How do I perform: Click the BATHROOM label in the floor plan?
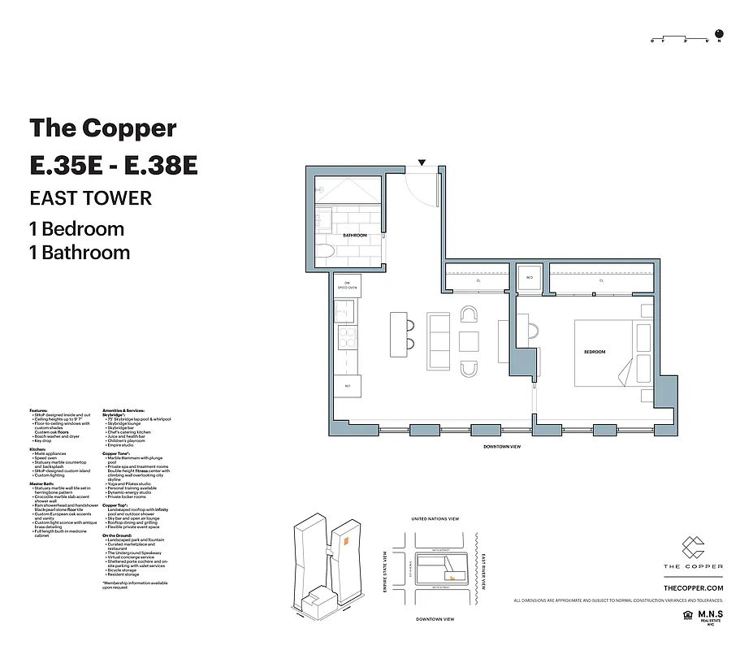tap(355, 236)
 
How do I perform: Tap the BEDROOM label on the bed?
tap(595, 352)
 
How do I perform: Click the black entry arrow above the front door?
tap(422, 163)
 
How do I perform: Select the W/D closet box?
tap(530, 278)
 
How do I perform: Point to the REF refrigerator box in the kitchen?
tap(348, 386)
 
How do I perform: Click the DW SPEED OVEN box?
tap(347, 285)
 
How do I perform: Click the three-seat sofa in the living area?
tap(438, 341)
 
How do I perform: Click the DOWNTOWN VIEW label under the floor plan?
tap(501, 447)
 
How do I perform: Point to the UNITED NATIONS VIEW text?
tap(435, 518)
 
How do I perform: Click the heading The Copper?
tap(103, 128)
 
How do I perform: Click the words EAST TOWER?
tap(90, 197)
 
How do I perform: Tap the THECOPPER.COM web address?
tap(693, 587)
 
